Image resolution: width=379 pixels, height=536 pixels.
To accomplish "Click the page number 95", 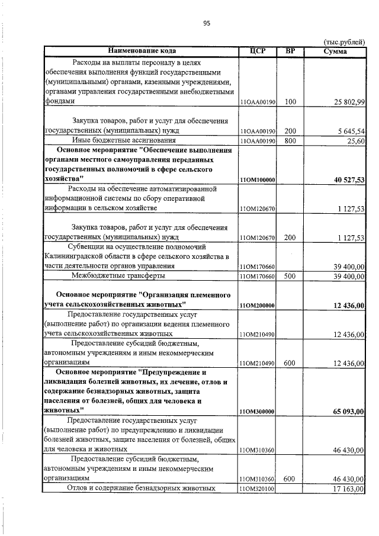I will [x=207, y=23].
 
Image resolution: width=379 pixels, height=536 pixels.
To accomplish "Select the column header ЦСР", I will [x=257, y=51].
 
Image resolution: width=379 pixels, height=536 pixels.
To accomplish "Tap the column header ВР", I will [x=290, y=51].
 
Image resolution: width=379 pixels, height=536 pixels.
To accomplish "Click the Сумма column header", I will [x=335, y=51].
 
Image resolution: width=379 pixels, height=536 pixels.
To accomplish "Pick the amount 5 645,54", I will [x=349, y=130].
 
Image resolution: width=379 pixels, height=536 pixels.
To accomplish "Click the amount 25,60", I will [x=356, y=140].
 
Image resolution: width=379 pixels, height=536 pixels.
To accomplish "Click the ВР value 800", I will [x=290, y=140].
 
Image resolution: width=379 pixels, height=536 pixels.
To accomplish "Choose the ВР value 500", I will [x=290, y=276].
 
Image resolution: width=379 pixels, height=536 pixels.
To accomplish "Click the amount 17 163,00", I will [x=349, y=489].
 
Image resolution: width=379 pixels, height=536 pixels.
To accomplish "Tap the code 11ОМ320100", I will [x=257, y=489].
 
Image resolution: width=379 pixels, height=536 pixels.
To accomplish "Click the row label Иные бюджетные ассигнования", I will [x=124, y=140].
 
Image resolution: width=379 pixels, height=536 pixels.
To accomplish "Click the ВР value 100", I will [x=290, y=102].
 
